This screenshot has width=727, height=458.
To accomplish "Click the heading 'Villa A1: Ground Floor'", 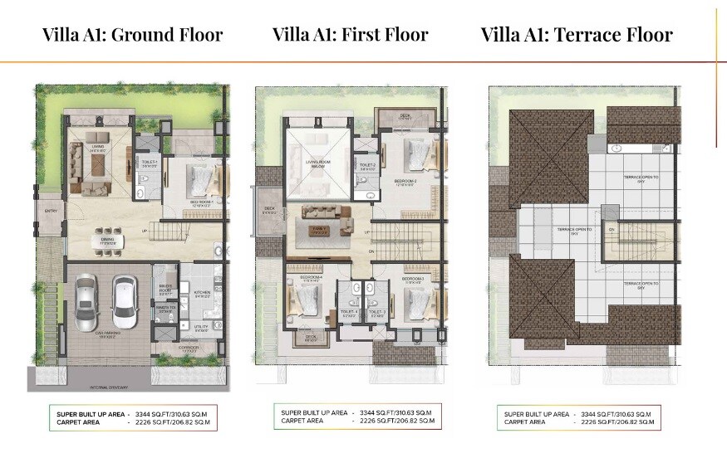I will click(133, 35).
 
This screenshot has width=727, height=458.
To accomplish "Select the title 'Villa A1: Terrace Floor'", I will click(577, 35).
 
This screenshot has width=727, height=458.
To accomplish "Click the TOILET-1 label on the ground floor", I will click(150, 163).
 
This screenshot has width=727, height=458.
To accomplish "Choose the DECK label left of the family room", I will click(269, 210).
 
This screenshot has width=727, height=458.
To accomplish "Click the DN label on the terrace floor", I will click(612, 229).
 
